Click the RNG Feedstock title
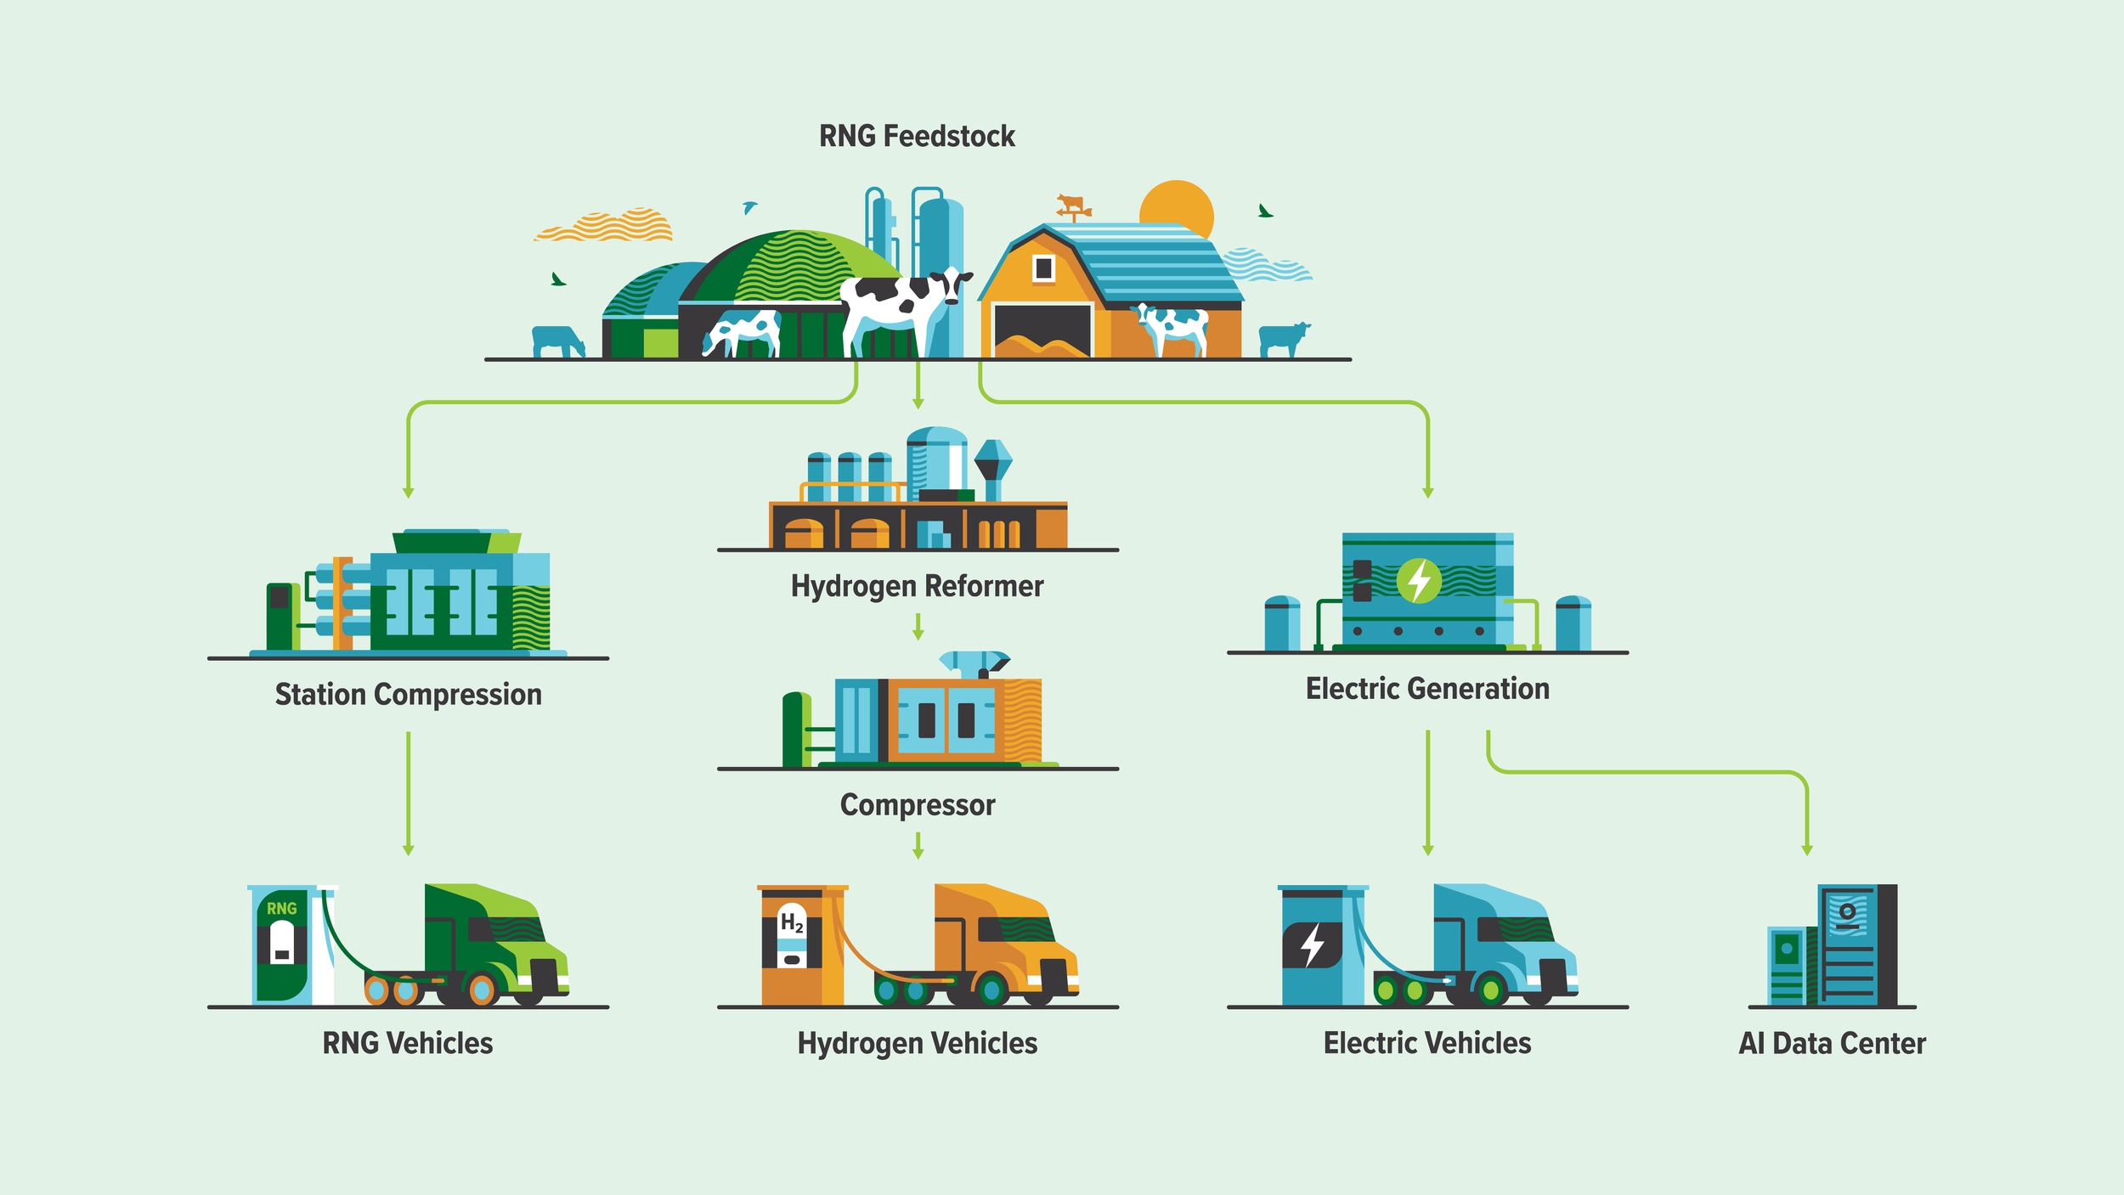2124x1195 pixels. [917, 136]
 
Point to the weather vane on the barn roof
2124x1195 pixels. [1072, 206]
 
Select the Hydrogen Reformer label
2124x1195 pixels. [917, 586]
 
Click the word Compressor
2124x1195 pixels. [918, 805]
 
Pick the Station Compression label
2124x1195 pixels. [408, 695]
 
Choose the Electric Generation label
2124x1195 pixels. [1427, 689]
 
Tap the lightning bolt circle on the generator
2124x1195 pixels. [1419, 581]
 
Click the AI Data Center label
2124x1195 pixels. [1833, 1043]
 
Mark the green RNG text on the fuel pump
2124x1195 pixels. [282, 909]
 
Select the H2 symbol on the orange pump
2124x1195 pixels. [792, 923]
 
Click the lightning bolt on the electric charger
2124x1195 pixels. [1313, 944]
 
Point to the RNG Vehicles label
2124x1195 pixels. [408, 1043]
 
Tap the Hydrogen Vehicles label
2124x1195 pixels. [918, 1043]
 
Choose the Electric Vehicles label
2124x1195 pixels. [1427, 1043]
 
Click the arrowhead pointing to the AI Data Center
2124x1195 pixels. [1807, 849]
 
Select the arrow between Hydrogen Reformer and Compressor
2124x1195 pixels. [918, 628]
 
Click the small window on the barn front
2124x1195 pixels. [1043, 268]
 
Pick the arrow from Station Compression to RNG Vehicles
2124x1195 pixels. [409, 794]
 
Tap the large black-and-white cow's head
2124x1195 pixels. [953, 284]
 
